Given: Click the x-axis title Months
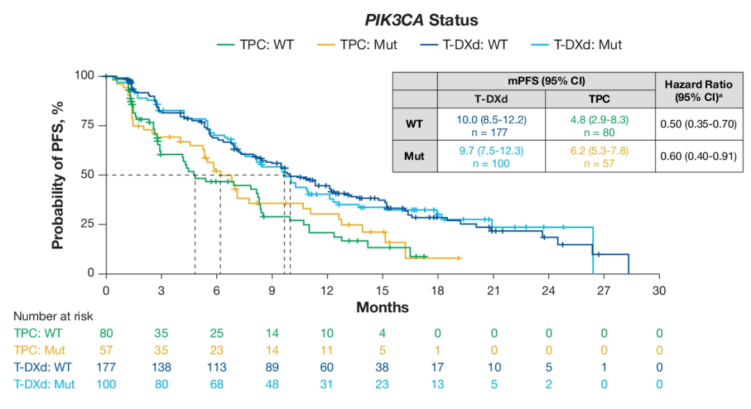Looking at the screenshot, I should click(x=382, y=307).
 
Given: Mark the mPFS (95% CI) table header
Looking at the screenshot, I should click(x=545, y=81).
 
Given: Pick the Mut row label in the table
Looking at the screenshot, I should click(x=414, y=157).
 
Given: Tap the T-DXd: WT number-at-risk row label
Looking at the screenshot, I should click(x=44, y=368).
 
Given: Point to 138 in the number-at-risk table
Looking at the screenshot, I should click(x=161, y=368).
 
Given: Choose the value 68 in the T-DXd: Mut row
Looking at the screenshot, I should click(x=216, y=384).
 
